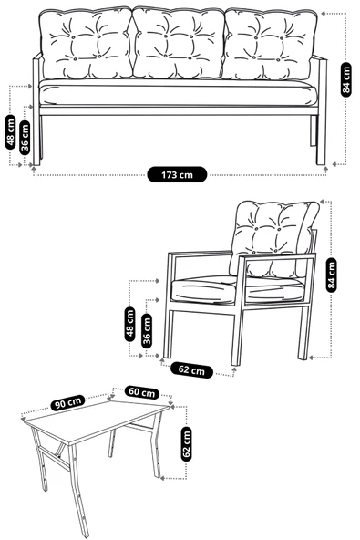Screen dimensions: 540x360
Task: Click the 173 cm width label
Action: [178, 173]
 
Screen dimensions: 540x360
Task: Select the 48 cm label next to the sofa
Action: [11, 131]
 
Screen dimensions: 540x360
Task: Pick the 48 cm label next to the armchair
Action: [130, 323]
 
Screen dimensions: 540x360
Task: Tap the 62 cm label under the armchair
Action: [190, 369]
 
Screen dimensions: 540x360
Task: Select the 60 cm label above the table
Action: [141, 392]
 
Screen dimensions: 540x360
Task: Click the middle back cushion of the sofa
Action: [177, 44]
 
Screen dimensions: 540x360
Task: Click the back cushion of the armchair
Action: [273, 228]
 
